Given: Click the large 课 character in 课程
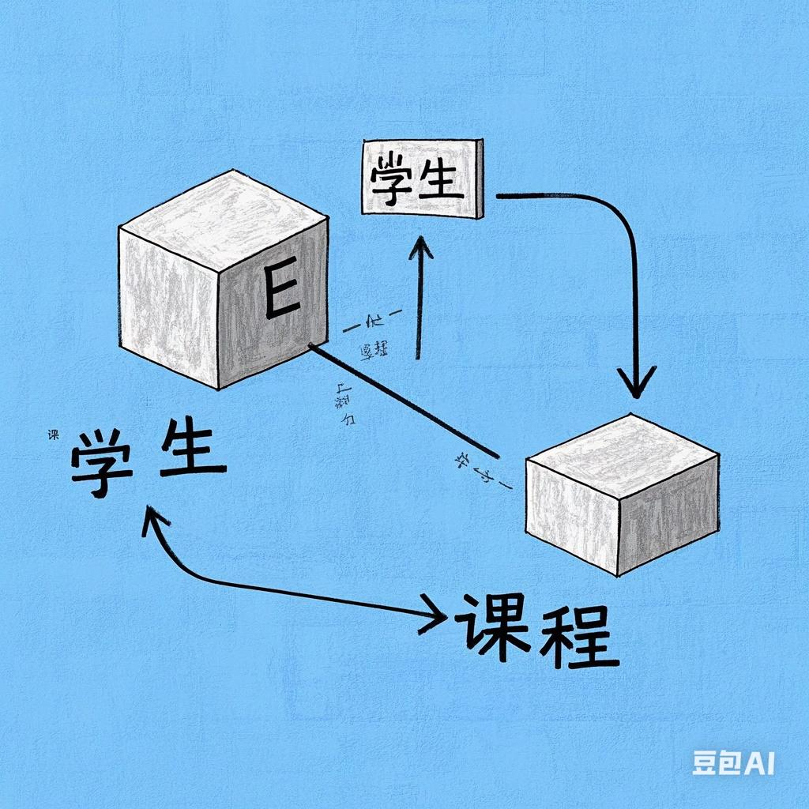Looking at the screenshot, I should click(493, 630).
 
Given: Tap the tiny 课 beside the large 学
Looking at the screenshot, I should click(54, 434).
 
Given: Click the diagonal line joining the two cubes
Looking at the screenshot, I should click(403, 401).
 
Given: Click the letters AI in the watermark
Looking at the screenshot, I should click(760, 762).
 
